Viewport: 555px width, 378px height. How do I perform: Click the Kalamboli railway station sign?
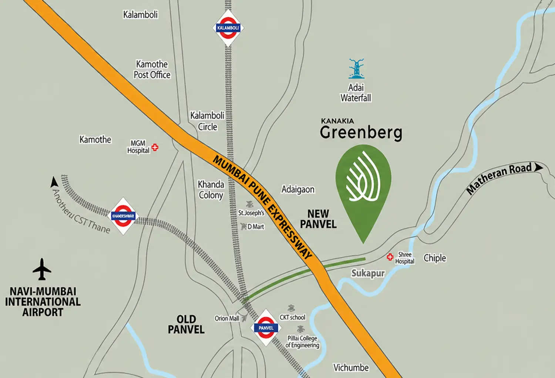click(228, 28)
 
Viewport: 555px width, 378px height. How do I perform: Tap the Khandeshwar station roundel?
click(123, 216)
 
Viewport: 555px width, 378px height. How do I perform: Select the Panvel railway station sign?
click(266, 328)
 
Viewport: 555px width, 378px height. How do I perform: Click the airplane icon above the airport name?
click(42, 269)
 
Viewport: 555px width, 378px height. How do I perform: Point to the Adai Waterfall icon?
click(356, 69)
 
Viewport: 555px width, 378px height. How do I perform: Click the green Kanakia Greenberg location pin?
click(363, 185)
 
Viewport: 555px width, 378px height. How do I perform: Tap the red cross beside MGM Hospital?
click(155, 147)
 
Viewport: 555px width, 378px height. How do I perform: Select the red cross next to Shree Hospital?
click(390, 257)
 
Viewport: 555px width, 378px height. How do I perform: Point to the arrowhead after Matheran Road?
click(538, 167)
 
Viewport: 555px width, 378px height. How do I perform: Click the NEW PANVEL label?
click(318, 219)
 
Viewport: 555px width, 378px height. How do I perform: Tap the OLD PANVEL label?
click(186, 324)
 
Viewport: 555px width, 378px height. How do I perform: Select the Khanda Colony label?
click(211, 190)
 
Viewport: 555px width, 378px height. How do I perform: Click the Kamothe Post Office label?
click(152, 69)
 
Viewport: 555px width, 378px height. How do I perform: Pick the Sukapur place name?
click(368, 273)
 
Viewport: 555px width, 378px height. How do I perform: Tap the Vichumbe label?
click(351, 368)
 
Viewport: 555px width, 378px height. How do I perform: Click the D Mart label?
click(256, 227)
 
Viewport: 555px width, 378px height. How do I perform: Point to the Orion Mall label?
click(227, 318)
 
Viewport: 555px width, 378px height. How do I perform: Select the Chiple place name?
click(435, 258)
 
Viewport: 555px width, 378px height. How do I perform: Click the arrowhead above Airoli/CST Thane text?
click(54, 182)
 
